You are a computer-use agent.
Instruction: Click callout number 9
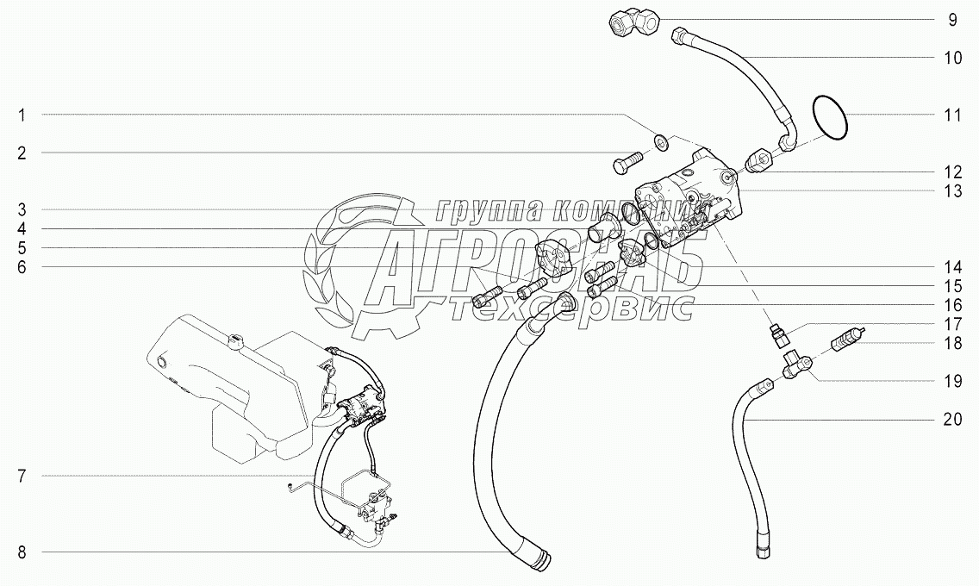coord(951,19)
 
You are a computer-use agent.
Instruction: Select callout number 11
coord(951,115)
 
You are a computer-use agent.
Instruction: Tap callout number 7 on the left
coord(22,476)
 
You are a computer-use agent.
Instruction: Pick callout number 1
coord(22,115)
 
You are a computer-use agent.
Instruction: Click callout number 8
coord(22,552)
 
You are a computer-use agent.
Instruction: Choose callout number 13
coord(951,191)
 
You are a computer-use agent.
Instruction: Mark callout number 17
coord(951,324)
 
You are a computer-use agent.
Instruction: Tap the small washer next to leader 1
coord(660,141)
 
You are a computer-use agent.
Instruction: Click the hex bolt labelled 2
coord(627,163)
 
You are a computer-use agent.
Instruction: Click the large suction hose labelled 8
coord(508,448)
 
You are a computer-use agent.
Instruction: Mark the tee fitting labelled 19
coord(797,367)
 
